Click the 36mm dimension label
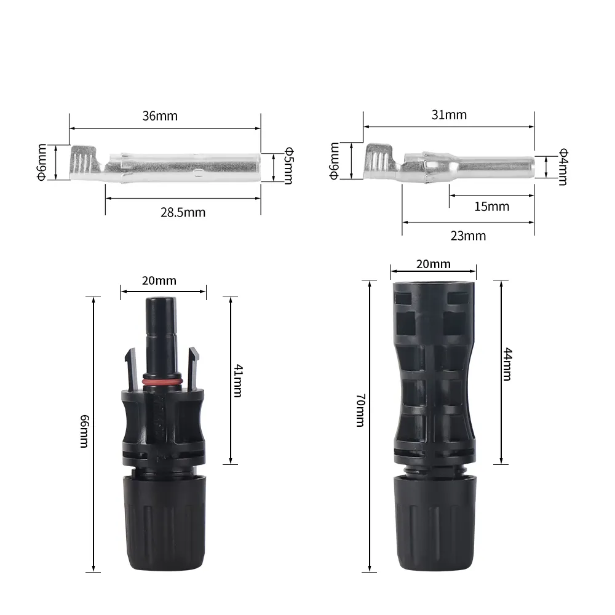(x=160, y=116)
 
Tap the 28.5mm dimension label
(x=183, y=213)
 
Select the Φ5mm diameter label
(x=288, y=165)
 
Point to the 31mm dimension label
(x=449, y=115)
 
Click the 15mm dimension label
(x=492, y=207)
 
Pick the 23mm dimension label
(x=468, y=236)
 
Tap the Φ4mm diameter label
(x=563, y=166)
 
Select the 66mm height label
(x=84, y=431)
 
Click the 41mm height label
(x=238, y=381)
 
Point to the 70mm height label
(x=360, y=410)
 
